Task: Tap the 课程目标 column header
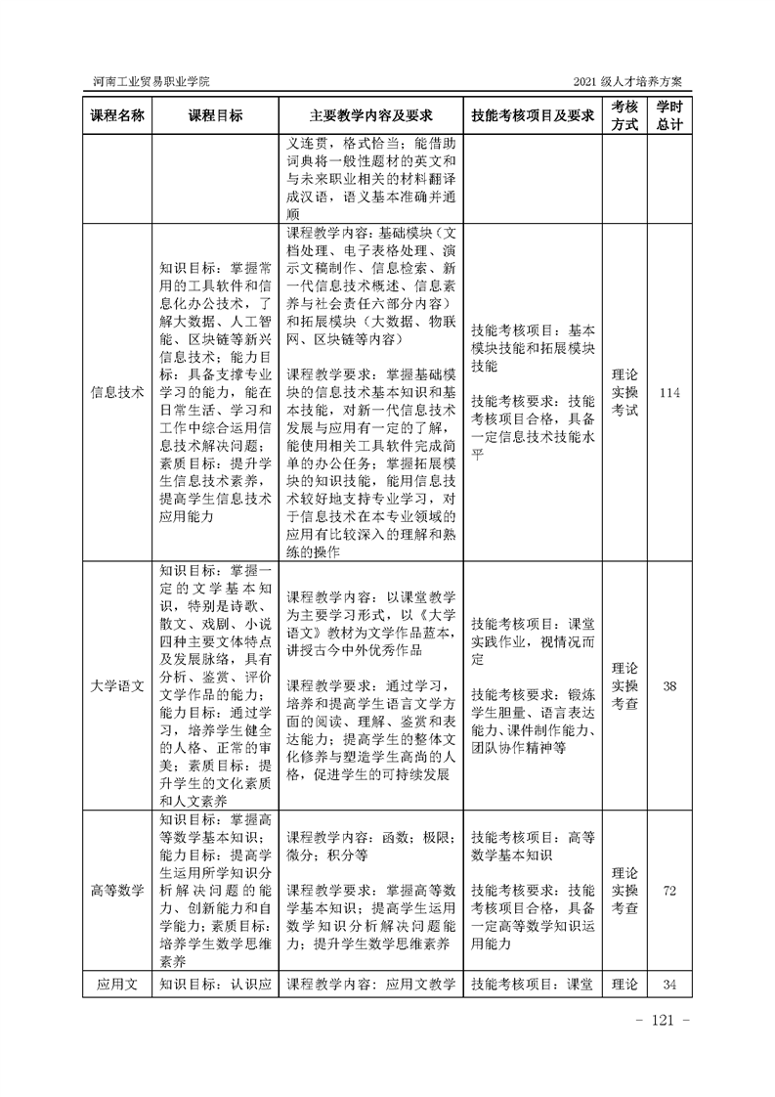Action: pos(215,114)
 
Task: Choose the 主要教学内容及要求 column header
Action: pos(370,114)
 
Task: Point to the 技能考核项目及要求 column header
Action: pos(533,114)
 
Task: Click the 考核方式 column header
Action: pos(624,114)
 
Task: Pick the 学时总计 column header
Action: pos(669,114)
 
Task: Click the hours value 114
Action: pos(669,393)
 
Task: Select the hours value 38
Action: pos(669,685)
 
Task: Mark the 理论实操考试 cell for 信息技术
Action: pos(624,393)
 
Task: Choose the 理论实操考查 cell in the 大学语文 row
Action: pos(624,685)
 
